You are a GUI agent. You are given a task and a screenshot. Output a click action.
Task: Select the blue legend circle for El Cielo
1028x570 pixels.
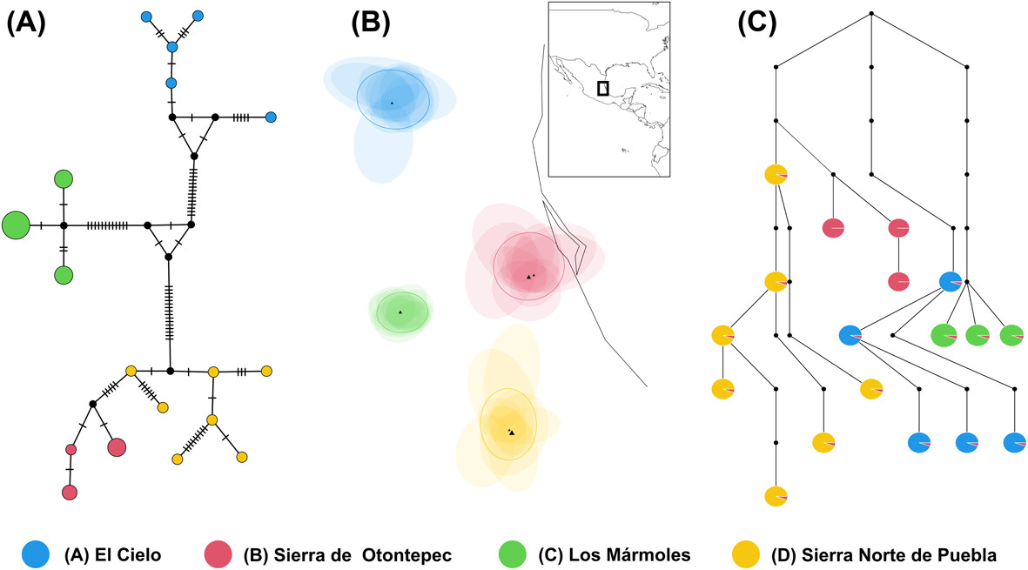[38, 553]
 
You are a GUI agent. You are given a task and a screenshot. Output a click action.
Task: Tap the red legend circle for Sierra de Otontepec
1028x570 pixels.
[218, 553]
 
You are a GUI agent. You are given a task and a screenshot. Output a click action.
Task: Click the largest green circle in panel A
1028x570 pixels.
[16, 225]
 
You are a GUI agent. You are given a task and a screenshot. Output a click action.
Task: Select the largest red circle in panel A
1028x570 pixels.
[117, 447]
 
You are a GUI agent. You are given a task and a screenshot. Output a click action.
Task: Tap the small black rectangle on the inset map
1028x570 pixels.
[602, 88]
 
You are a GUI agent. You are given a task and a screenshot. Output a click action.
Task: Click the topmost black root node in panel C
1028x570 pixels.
[871, 14]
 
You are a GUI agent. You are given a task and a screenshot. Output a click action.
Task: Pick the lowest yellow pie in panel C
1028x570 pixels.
[776, 496]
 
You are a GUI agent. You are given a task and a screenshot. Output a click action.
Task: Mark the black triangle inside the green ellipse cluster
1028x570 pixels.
[400, 312]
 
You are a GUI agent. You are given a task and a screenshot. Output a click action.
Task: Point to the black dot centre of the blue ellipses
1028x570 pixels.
[392, 103]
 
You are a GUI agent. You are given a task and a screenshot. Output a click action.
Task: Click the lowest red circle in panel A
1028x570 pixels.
[70, 493]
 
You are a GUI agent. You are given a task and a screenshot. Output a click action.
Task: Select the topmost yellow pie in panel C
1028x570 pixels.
[776, 175]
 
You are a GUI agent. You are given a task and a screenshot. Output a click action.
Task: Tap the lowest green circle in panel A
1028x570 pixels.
[63, 275]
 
